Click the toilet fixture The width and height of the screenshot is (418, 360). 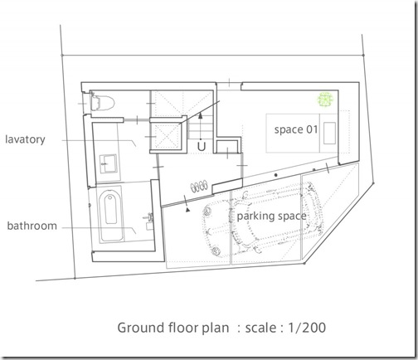pos(102,103)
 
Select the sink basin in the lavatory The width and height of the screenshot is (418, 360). pos(108,163)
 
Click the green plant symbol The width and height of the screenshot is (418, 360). pos(325,100)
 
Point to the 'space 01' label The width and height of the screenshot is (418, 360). pos(296,129)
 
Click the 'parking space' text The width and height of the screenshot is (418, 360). pos(272,216)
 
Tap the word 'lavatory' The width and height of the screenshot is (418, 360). pos(25,139)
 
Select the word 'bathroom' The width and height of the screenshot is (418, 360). pos(32,226)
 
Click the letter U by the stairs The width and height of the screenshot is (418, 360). pos(202,147)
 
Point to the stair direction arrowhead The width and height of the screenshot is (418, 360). pos(201,115)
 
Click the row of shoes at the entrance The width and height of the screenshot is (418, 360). pos(199,186)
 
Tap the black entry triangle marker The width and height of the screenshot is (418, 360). pos(188,210)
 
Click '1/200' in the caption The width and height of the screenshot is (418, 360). pos(307,328)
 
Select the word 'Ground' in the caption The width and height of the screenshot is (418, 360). pos(140,328)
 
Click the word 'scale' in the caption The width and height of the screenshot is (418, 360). pos(260,328)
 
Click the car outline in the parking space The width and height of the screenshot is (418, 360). pos(264,219)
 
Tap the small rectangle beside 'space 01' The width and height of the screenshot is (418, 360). pos(329,134)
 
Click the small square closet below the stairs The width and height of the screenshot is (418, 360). pos(228,147)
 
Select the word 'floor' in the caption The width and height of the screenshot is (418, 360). pos(182,328)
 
